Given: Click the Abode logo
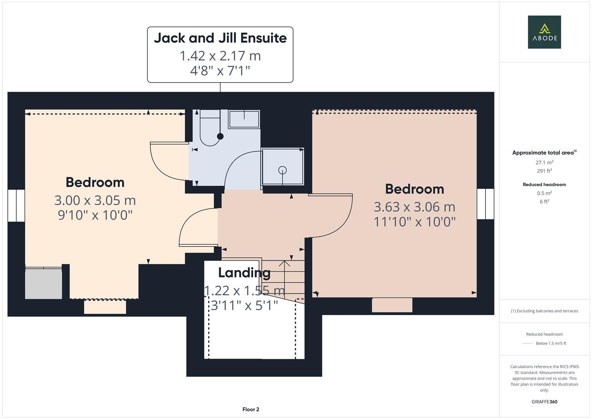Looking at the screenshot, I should pyautogui.click(x=544, y=32).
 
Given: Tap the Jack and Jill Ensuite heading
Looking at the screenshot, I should pyautogui.click(x=220, y=38).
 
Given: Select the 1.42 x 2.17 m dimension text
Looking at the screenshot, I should pyautogui.click(x=220, y=56).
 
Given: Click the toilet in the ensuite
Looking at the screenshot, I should pyautogui.click(x=210, y=128).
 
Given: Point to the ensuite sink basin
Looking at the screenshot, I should pyautogui.click(x=244, y=119).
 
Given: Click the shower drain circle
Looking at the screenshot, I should pyautogui.click(x=283, y=170).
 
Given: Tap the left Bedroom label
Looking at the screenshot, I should pyautogui.click(x=95, y=182).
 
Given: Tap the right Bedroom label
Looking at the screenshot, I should pyautogui.click(x=414, y=189).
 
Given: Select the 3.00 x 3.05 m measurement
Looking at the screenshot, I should pyautogui.click(x=95, y=200).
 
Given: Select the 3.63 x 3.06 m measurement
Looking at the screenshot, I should pyautogui.click(x=414, y=207).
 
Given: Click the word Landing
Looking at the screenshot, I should pyautogui.click(x=244, y=273).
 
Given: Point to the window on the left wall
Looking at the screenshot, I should pyautogui.click(x=16, y=205).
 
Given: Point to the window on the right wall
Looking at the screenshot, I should pyautogui.click(x=485, y=204).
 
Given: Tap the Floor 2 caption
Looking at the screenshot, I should pyautogui.click(x=251, y=409).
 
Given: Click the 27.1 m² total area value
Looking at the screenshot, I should pyautogui.click(x=544, y=163).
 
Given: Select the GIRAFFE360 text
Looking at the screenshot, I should pyautogui.click(x=544, y=402).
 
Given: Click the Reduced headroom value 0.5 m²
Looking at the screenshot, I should pyautogui.click(x=544, y=193).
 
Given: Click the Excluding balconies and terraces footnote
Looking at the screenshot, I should pyautogui.click(x=544, y=311).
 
